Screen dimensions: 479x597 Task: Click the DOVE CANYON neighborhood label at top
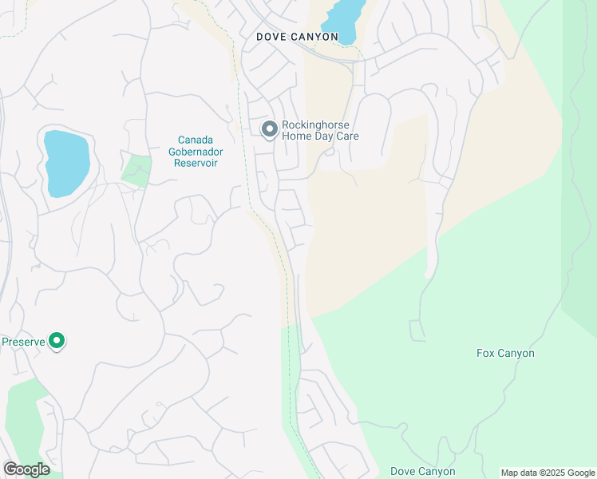tap(297, 37)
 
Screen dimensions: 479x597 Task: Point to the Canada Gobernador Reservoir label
tap(196, 151)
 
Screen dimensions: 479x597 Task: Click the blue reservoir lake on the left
tap(65, 164)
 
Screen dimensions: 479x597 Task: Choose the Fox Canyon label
tap(505, 353)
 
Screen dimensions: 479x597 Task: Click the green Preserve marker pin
tap(57, 342)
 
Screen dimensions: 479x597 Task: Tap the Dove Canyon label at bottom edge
tap(422, 471)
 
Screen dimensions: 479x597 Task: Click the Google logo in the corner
tap(26, 469)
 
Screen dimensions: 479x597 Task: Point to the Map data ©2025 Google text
tap(547, 473)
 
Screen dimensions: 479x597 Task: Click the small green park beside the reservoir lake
tap(136, 171)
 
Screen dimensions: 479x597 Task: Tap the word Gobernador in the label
tap(196, 151)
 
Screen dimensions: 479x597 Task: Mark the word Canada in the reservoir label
tap(196, 140)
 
